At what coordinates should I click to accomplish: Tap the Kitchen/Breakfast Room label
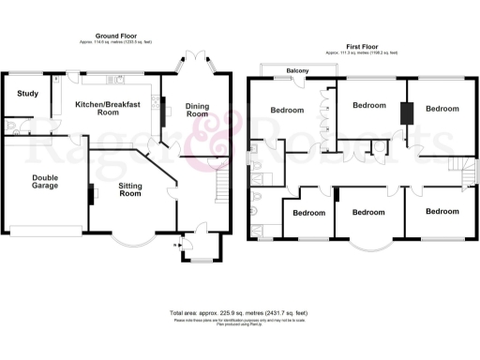tap(108, 108)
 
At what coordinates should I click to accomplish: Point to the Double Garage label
tap(45, 181)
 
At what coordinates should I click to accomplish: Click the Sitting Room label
tap(129, 191)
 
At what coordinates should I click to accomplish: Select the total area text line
tap(240, 312)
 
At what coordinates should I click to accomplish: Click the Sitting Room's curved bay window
tap(130, 240)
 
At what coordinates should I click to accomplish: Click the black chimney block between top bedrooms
tap(407, 112)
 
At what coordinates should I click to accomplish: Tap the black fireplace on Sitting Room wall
tap(91, 193)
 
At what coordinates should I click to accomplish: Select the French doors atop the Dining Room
tap(195, 68)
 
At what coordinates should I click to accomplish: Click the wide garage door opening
tap(44, 231)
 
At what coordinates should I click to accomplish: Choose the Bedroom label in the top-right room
tap(442, 109)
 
